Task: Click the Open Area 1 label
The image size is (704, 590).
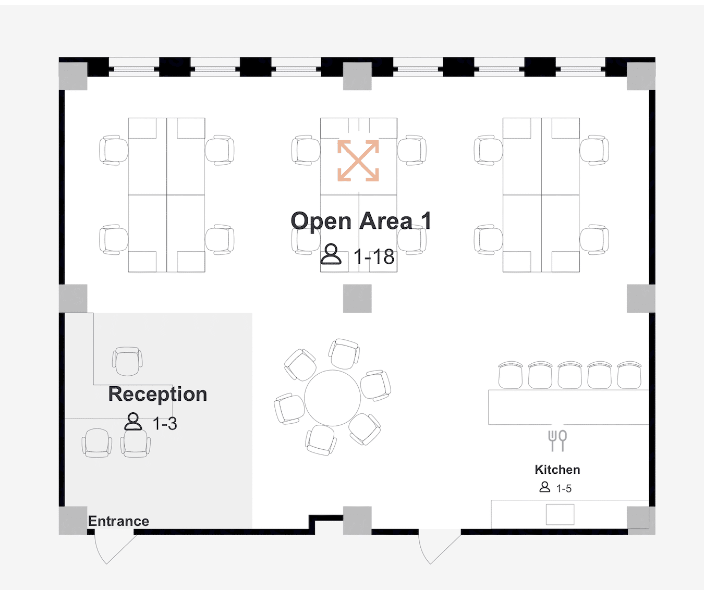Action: tap(361, 222)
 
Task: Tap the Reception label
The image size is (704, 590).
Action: tap(157, 395)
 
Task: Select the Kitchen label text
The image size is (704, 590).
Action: tap(557, 470)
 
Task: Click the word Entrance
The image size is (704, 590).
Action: tap(119, 521)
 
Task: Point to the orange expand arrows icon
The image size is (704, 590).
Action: tap(358, 161)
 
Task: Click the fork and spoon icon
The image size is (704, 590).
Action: tap(557, 440)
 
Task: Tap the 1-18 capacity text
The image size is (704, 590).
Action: tap(373, 257)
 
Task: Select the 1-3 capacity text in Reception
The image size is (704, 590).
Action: tap(165, 424)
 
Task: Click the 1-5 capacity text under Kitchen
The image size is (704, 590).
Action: tap(564, 488)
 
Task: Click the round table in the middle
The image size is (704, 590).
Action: tap(333, 398)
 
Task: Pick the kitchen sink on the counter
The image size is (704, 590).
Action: tap(560, 514)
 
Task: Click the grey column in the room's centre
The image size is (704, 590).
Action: tap(357, 299)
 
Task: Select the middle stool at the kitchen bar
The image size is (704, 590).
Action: tap(570, 375)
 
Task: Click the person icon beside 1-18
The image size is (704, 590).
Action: tap(331, 254)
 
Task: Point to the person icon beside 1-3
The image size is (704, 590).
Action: tap(133, 422)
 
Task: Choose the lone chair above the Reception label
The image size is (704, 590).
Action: tap(127, 361)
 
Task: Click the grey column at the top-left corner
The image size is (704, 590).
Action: tap(73, 76)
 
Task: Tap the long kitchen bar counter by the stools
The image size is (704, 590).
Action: tap(569, 407)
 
